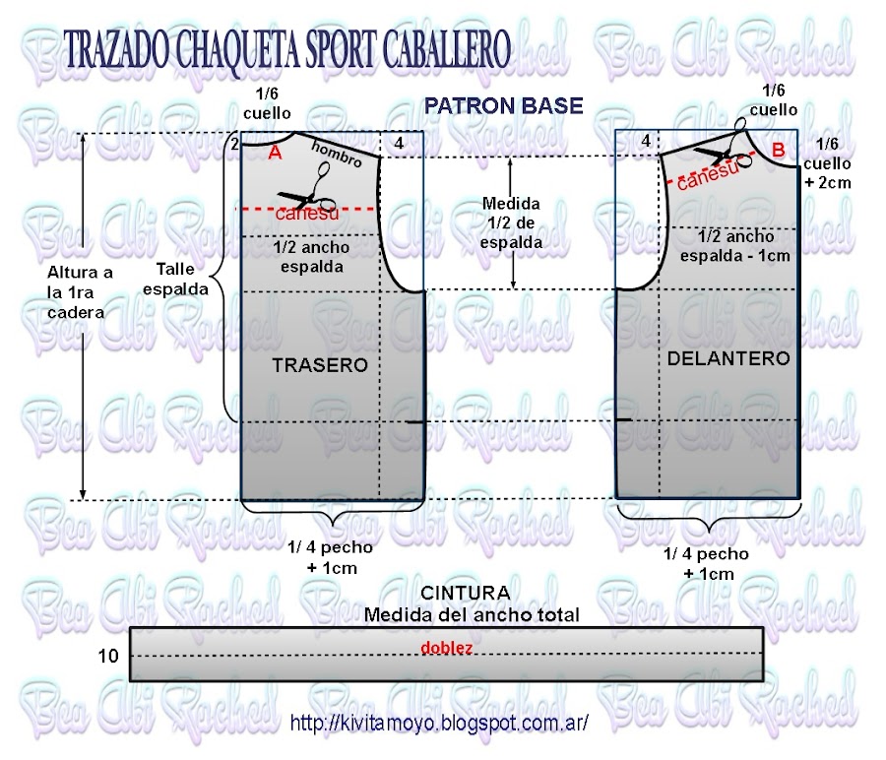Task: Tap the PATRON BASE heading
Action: click(503, 105)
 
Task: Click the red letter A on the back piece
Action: click(275, 153)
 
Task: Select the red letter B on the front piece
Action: click(778, 150)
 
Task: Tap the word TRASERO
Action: click(319, 365)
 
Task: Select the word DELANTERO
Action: click(728, 359)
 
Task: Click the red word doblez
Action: click(447, 649)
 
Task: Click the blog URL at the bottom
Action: click(440, 723)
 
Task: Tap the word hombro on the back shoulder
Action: click(337, 154)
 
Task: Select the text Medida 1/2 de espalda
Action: click(511, 222)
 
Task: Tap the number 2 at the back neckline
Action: click(234, 145)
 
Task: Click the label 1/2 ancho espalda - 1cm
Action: click(734, 246)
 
